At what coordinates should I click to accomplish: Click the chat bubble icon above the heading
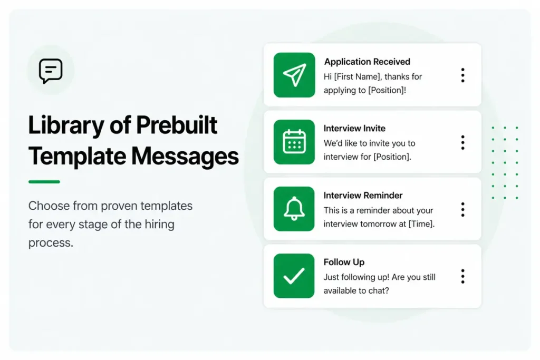[51, 71]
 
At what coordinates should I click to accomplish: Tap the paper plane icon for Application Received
[294, 75]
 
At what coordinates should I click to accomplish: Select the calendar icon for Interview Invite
[294, 142]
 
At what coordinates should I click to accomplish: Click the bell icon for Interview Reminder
[294, 209]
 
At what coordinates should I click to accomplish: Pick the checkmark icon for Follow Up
[294, 276]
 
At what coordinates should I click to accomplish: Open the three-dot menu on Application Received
[462, 75]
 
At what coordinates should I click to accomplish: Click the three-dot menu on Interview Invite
[462, 142]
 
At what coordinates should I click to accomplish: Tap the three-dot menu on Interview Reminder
[462, 209]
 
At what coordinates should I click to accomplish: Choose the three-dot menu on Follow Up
[462, 276]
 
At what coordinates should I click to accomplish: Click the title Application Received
[367, 62]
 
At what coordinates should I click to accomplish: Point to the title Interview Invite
[354, 128]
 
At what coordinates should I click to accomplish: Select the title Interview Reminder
[363, 196]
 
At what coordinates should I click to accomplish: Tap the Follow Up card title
[344, 262]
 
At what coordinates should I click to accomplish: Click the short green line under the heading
[44, 182]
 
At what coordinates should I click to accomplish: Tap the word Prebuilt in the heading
[177, 126]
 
